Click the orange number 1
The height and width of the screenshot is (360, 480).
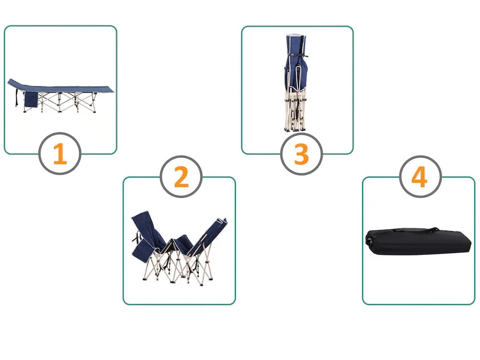point(60,154)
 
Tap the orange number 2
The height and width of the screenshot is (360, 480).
point(181,177)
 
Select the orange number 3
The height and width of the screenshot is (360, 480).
point(301,154)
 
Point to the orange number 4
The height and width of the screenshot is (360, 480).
point(420,177)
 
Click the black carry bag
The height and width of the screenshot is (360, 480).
point(418,241)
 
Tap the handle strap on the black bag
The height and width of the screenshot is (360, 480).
point(416,229)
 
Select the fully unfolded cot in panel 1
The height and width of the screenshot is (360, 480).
point(60,95)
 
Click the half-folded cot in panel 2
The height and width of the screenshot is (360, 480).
point(180,248)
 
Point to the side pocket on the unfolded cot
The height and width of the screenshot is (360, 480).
point(31,99)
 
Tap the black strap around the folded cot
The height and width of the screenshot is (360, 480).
point(298,55)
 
